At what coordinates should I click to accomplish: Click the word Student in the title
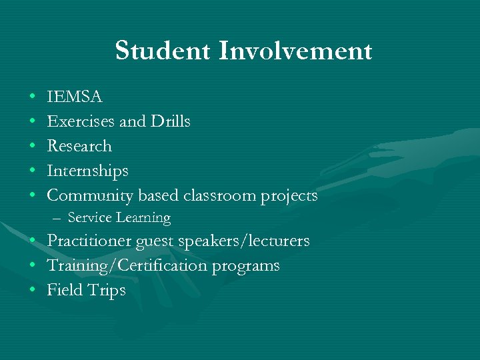pyautogui.click(x=161, y=51)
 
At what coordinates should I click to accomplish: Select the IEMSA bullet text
pyautogui.click(x=75, y=97)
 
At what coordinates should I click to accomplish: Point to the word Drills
pyautogui.click(x=171, y=122)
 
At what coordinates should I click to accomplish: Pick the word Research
pyautogui.click(x=79, y=146)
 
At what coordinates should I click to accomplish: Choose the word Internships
pyautogui.click(x=87, y=171)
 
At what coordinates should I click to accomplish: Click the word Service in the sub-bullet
pyautogui.click(x=89, y=218)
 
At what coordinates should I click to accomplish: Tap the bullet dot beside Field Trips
pyautogui.click(x=32, y=291)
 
